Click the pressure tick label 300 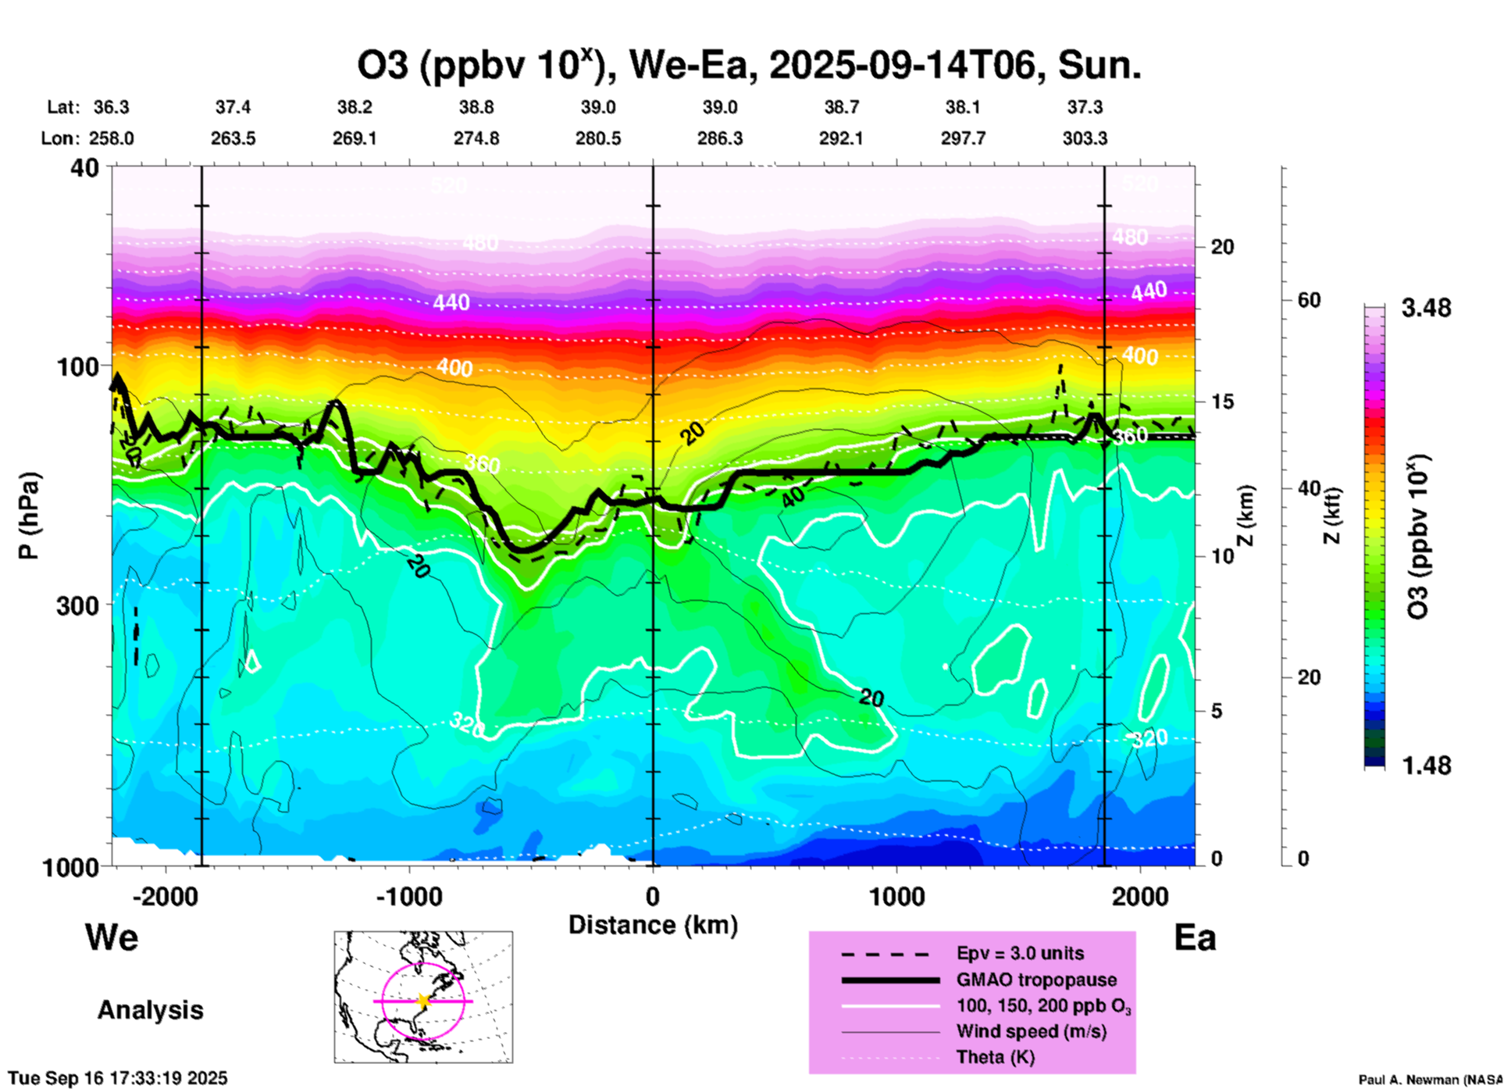tap(78, 605)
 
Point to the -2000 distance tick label tap(166, 896)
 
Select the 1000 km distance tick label tap(897, 896)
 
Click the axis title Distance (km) tap(653, 925)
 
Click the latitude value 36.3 tap(112, 107)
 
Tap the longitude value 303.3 tap(1085, 138)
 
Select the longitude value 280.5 tap(598, 138)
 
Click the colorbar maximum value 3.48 tap(1426, 309)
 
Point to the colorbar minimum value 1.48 tap(1426, 766)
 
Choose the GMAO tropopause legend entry tap(1036, 980)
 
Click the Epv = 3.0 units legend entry tap(1020, 953)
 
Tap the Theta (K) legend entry tap(995, 1057)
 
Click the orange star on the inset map tap(423, 1000)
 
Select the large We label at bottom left tap(112, 937)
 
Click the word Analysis tap(150, 1010)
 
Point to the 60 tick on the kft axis tap(1309, 301)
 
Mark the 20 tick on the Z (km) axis tap(1222, 247)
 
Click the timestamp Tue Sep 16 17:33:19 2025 tap(118, 1078)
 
